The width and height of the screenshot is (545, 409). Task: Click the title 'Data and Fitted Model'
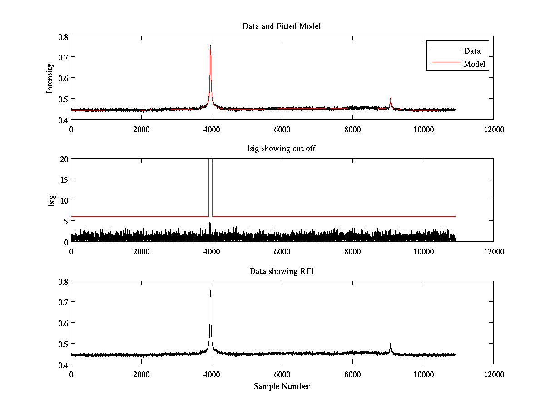coord(282,26)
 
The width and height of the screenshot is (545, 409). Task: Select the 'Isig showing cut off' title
coord(282,149)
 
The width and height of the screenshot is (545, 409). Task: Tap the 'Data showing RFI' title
coord(282,271)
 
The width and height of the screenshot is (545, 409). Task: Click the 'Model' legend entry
coord(474,64)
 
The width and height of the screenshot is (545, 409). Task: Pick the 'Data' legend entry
coord(472,51)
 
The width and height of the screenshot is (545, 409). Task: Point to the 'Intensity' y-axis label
coord(50,78)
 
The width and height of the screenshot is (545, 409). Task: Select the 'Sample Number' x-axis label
coord(282,386)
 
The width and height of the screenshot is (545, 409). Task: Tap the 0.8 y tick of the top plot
coord(63,37)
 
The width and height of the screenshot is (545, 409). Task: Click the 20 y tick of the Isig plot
coord(64,159)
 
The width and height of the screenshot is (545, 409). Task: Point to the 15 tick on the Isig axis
coord(64,180)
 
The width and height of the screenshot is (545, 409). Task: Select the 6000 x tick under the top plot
coord(282,129)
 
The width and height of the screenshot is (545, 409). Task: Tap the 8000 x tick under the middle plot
coord(352,251)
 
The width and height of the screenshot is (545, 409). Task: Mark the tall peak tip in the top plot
coord(210,46)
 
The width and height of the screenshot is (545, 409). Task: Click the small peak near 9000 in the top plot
coord(391,98)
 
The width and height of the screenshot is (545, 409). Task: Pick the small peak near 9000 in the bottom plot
coord(391,344)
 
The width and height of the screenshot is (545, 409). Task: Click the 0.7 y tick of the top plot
coord(63,57)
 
